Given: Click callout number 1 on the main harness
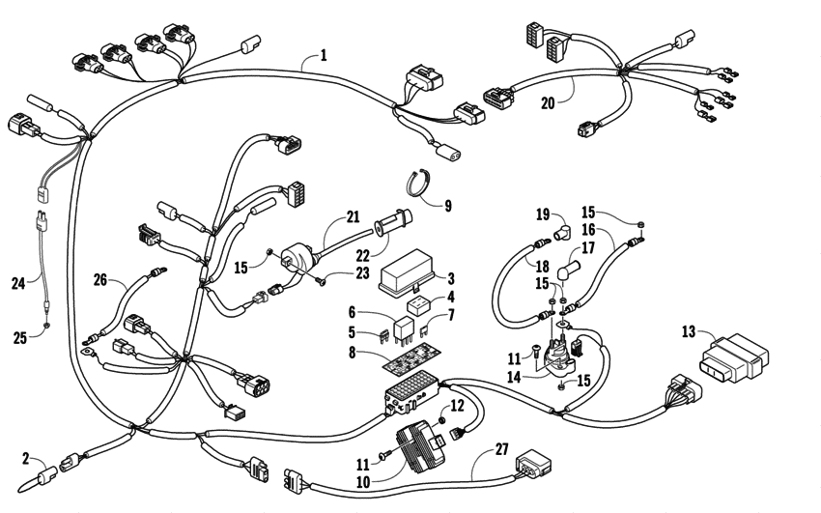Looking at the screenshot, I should coord(323,55).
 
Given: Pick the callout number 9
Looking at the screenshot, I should coord(446,205).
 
